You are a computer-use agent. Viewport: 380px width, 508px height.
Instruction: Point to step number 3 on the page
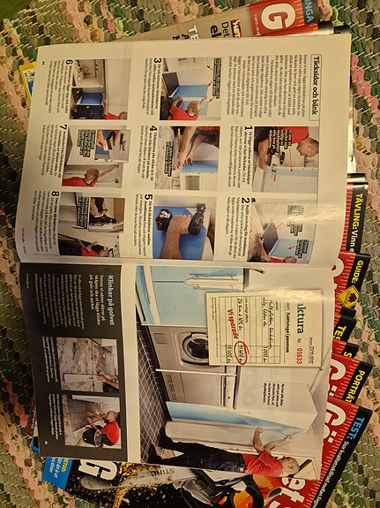158,63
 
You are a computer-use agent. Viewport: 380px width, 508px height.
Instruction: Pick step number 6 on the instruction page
69,63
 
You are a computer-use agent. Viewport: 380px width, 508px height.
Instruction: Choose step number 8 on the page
56,196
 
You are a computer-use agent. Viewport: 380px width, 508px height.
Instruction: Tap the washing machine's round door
196,348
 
